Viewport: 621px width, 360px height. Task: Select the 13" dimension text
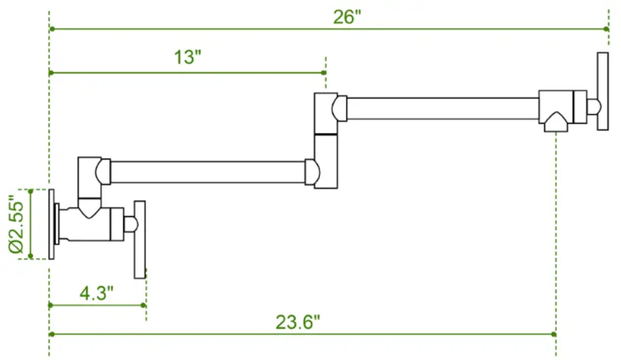(187, 58)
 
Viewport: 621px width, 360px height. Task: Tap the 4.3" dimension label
(97, 293)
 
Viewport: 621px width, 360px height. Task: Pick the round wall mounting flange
(52, 224)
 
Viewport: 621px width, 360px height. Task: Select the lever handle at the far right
(602, 91)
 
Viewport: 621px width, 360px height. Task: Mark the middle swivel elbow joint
(325, 140)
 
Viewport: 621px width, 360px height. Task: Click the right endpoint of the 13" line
(324, 73)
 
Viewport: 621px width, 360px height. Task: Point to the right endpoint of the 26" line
(607, 29)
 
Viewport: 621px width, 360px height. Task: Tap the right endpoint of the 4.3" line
(145, 305)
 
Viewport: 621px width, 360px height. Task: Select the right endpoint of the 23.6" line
(555, 334)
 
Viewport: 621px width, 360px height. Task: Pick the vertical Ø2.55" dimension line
(30, 224)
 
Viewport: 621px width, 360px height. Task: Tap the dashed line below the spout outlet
(556, 232)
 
